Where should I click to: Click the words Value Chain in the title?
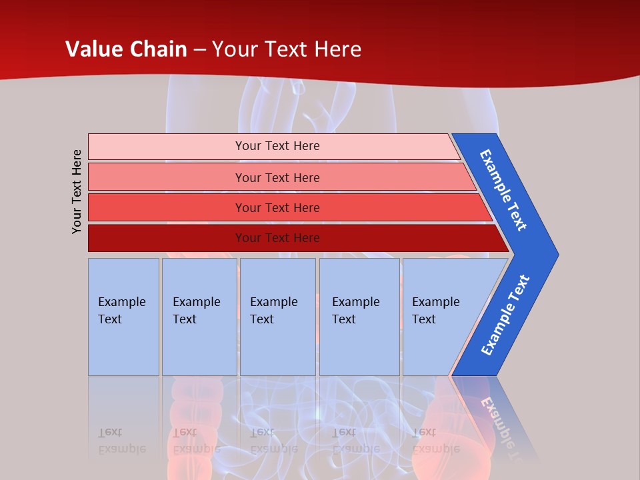coord(126,49)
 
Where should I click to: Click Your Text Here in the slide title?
coord(287,49)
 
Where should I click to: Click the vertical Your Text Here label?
coord(77,191)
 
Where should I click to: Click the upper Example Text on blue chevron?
coord(503,190)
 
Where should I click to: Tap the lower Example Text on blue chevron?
coord(505,315)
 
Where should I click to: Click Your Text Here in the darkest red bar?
coord(277,238)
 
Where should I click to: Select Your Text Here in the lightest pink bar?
coord(277,146)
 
